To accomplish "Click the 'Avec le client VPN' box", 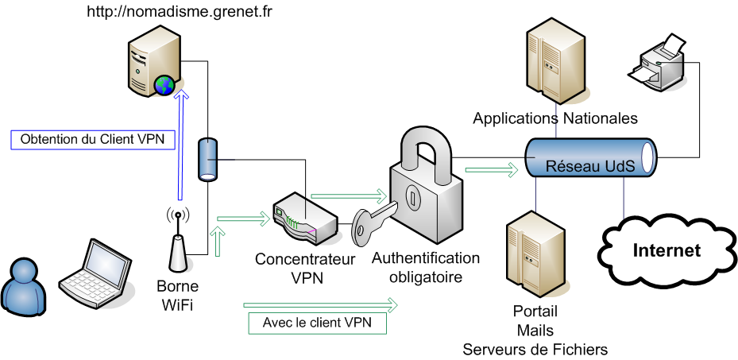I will coord(317,323).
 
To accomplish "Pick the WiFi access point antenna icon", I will coord(178,243).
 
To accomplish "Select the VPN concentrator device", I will coord(304,222).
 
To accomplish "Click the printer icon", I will coord(657,64).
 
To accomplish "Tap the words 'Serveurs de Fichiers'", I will coord(535,349).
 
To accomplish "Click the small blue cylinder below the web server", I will coord(207,159).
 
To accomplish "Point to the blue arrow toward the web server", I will coord(182,143).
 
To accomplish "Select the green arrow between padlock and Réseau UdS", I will coord(491,168).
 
